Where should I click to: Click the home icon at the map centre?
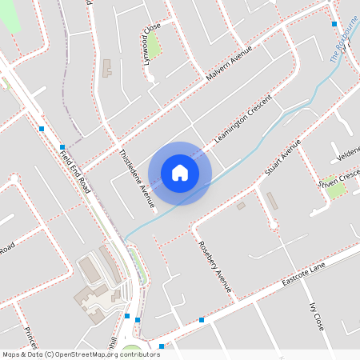[x=180, y=173]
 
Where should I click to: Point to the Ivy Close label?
[x=316, y=317]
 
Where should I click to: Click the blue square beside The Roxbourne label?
[x=334, y=24]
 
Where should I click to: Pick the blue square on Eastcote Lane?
[x=202, y=320]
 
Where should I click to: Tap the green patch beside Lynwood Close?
[x=154, y=48]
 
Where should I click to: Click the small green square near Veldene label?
[x=335, y=190]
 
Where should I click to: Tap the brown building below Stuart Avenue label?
[x=273, y=201]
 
